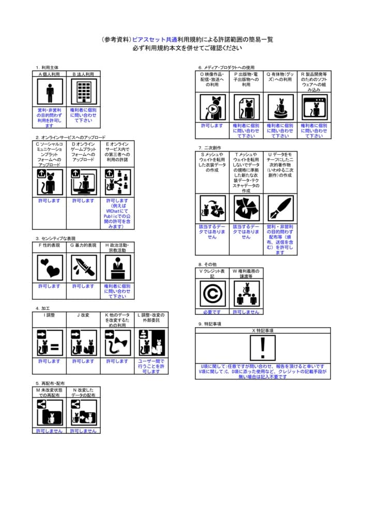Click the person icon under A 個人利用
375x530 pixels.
point(50,93)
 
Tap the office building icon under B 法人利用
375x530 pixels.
point(83,93)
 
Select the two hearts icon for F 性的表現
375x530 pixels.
point(50,268)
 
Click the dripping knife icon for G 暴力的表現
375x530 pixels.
point(83,268)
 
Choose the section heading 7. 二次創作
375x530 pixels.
point(210,148)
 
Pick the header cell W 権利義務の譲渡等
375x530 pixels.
point(246,273)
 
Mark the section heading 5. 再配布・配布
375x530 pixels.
point(51,384)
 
